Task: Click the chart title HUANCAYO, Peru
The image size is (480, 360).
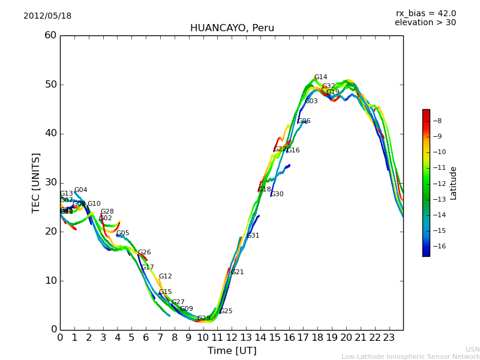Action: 232,28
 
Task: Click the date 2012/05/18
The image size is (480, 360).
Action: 47,16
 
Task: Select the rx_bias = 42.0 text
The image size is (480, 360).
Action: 425,13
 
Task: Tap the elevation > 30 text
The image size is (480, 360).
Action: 425,23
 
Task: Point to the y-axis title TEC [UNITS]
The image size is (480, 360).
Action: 36,182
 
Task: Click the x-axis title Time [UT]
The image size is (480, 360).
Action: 232,351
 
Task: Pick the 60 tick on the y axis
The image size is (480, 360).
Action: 50,35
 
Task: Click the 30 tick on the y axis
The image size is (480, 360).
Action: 50,182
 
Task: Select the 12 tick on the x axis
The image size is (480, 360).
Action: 232,338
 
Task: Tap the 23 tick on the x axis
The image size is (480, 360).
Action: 389,338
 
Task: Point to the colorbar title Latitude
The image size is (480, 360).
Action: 454,182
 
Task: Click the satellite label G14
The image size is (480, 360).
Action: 320,77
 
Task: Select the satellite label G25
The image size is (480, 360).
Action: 226,311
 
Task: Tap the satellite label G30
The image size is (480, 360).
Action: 277,194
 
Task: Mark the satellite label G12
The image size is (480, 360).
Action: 165,277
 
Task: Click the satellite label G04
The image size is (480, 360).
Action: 80,190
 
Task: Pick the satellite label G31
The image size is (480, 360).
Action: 253,236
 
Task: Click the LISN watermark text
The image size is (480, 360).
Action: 472,349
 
